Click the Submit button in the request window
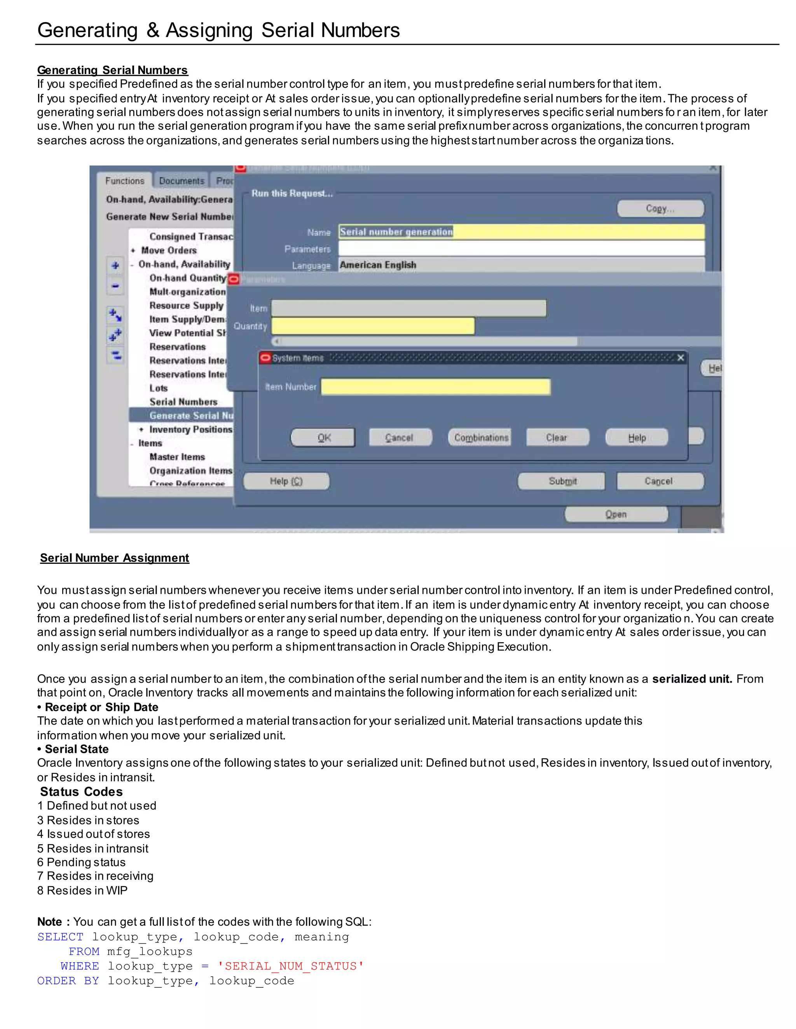(x=562, y=481)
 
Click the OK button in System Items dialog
(x=323, y=438)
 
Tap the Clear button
(x=557, y=438)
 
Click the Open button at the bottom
(x=616, y=514)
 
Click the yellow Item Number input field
(x=435, y=387)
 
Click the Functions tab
(x=124, y=181)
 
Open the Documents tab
(x=181, y=181)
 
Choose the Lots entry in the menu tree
(x=159, y=388)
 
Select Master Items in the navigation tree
(x=177, y=457)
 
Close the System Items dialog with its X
(x=681, y=358)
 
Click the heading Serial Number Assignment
(x=115, y=558)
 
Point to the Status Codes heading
(x=81, y=791)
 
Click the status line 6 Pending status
(x=81, y=862)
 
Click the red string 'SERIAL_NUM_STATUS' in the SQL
(x=290, y=966)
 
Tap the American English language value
(x=378, y=265)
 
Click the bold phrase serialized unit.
(x=691, y=679)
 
